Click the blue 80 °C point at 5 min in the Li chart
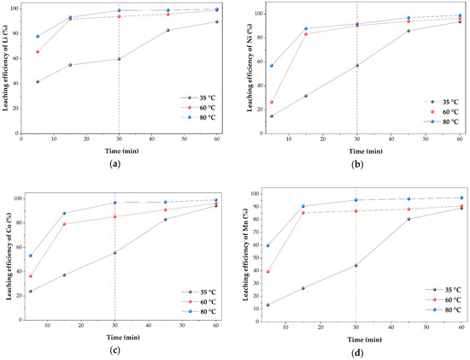[38, 36]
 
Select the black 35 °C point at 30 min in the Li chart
[119, 59]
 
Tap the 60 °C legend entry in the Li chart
[198, 108]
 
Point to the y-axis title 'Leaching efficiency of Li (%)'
[5, 68]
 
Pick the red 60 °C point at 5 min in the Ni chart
[272, 102]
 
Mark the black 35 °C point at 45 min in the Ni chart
[408, 31]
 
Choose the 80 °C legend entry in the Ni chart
[441, 121]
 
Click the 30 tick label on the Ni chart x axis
[356, 139]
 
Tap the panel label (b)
[357, 164]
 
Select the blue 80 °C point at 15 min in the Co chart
[64, 213]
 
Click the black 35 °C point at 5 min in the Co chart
[31, 291]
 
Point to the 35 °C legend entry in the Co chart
[198, 292]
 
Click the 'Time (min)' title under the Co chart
[123, 338]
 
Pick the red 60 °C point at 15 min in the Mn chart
[303, 213]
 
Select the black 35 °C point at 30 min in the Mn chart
[355, 265]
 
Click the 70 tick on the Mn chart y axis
[256, 233]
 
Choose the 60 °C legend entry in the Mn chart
[444, 299]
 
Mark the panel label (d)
[357, 353]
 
